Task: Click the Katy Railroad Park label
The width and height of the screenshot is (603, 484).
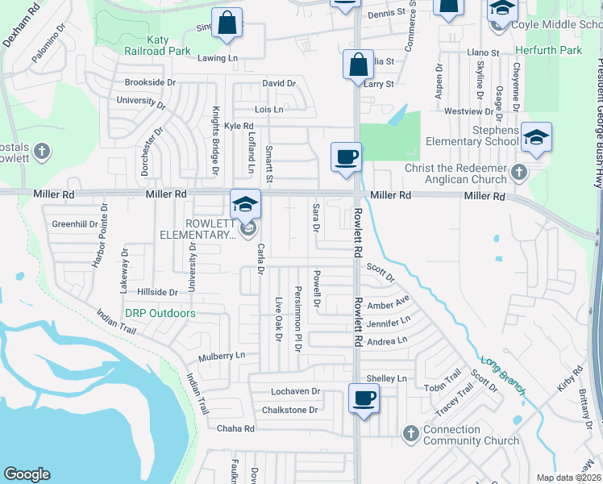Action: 157,44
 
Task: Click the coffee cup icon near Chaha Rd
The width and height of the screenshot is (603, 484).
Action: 364,398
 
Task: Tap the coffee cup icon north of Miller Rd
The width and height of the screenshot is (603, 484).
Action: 346,156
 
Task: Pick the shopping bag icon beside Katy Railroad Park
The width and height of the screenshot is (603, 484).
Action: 227,23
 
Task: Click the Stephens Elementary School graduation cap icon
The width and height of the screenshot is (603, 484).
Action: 536,137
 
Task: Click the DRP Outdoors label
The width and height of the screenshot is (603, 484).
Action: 160,313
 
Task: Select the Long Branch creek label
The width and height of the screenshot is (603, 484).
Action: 503,376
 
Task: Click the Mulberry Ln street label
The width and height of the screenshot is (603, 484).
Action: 222,356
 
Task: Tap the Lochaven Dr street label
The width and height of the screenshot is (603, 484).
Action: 296,391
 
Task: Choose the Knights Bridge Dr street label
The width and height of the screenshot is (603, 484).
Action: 215,140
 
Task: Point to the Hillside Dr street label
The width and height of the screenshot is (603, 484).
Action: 157,292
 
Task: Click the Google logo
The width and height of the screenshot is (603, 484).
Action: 27,474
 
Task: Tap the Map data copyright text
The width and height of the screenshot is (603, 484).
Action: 568,478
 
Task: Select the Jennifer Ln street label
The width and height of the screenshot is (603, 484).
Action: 389,323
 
